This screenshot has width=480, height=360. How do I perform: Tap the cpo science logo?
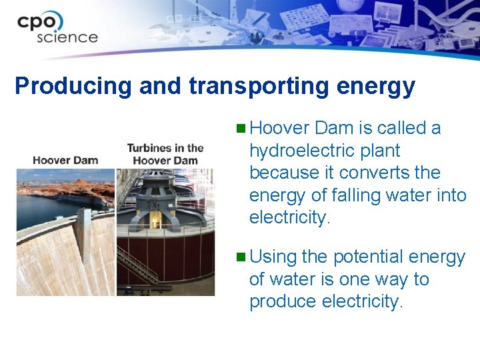click(57, 27)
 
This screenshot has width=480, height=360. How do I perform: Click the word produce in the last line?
click(283, 302)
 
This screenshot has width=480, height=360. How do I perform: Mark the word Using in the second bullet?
click(273, 257)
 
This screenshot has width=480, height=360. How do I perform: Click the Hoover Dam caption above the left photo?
click(65, 160)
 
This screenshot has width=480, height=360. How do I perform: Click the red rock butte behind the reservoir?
click(80, 183)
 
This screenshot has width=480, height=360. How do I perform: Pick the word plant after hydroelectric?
click(377, 151)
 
